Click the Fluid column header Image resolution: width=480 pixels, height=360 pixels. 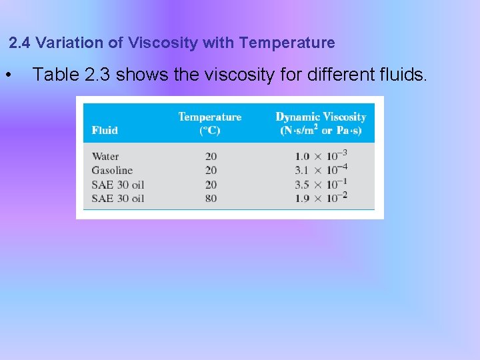click(105, 130)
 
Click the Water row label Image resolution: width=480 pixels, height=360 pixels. click(105, 157)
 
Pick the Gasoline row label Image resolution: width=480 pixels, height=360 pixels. click(112, 171)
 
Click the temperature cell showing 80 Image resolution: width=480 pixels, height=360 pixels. click(211, 199)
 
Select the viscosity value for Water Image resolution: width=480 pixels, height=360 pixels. click(321, 156)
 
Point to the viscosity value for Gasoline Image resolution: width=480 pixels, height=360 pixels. click(321, 170)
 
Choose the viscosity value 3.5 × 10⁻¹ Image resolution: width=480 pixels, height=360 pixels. click(321, 184)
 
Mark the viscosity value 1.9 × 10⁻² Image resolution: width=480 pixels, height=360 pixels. click(321, 198)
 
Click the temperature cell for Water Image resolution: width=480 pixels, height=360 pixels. click(211, 157)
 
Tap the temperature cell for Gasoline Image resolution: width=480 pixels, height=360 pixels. click(211, 171)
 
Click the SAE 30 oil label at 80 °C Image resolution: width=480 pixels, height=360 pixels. click(118, 199)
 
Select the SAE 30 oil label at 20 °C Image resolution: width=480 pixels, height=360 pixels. click(118, 185)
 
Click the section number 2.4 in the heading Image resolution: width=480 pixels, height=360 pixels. click(19, 43)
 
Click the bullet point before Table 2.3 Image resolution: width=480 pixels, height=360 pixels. click(7, 75)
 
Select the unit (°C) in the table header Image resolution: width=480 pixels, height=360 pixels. click(210, 131)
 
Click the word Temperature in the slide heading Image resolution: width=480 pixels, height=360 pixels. click(287, 43)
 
